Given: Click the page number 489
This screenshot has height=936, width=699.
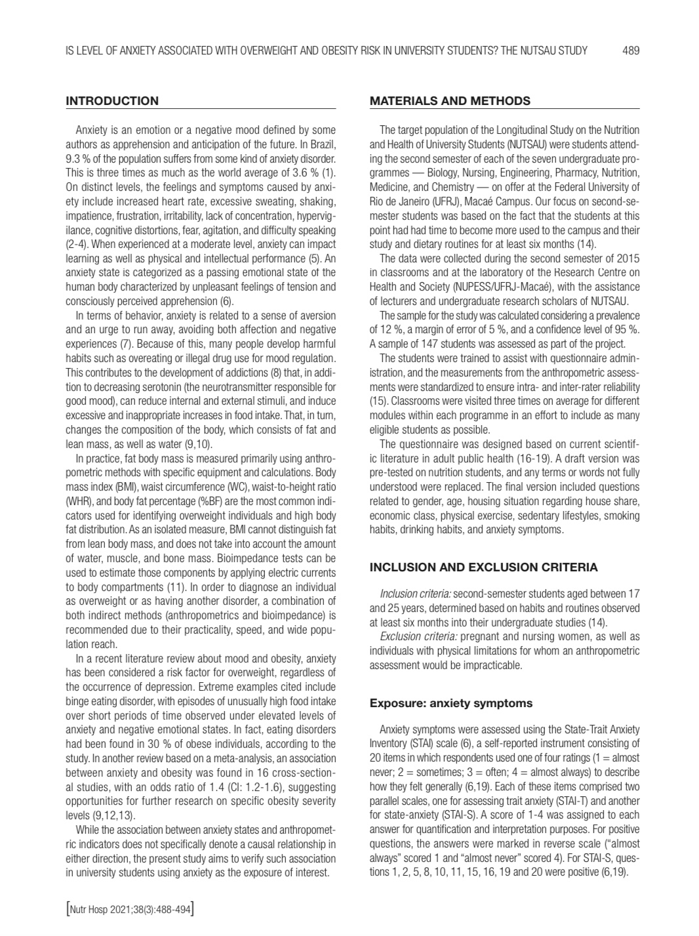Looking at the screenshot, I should (631, 51).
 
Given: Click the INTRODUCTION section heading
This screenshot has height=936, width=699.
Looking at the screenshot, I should (112, 101).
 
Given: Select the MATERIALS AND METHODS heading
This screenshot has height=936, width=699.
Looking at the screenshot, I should (450, 101).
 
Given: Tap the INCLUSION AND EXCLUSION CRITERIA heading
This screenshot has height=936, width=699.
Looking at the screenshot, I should (483, 567).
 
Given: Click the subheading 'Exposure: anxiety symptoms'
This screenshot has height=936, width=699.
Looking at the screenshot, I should (451, 703).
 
